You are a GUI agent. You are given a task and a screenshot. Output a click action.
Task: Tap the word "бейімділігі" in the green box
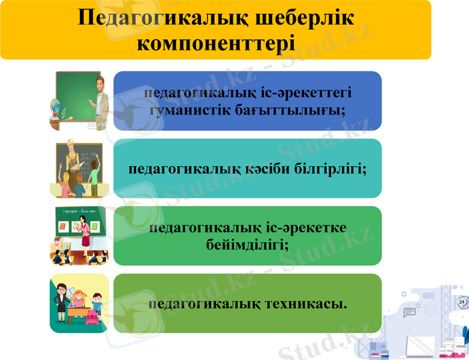coord(246,244)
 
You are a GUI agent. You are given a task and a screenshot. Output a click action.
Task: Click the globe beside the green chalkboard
coord(57,107)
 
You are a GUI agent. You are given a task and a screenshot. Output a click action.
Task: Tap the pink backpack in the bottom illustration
coord(92,316)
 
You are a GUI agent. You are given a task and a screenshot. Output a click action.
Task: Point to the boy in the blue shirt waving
coord(97,302)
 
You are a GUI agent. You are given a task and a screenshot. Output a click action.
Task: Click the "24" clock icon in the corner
coord(462,303)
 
